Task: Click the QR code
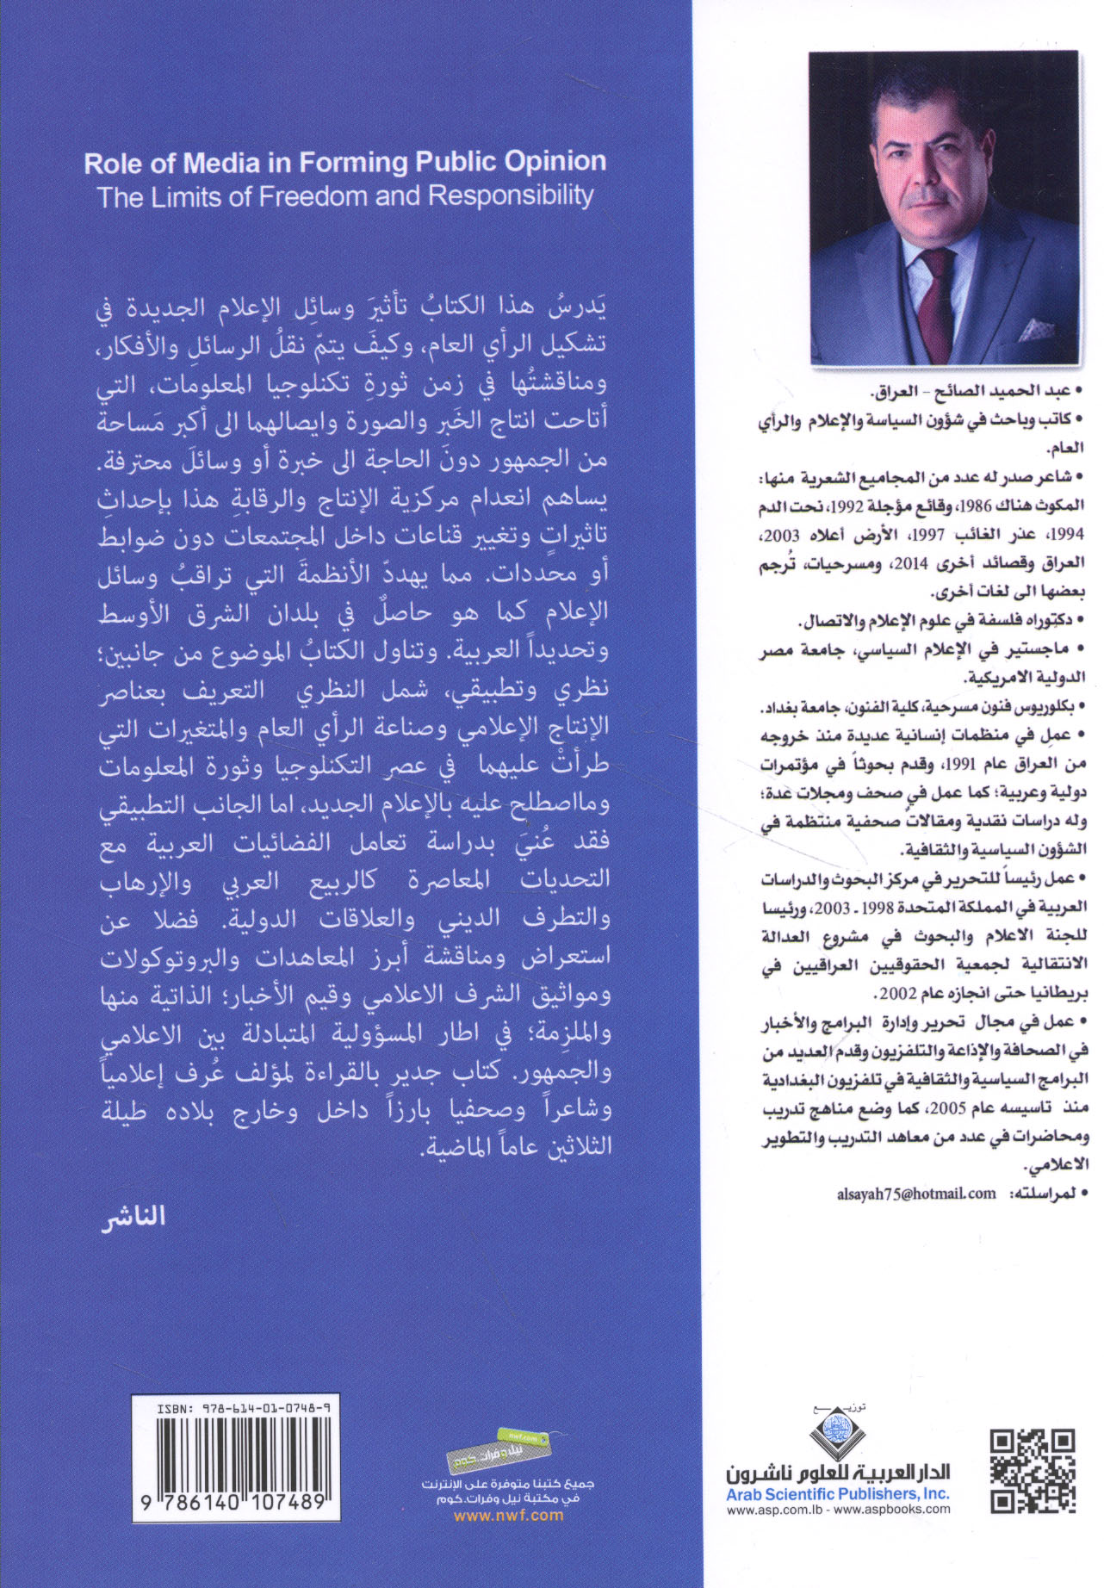pos(1033,1471)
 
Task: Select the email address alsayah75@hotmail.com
pos(916,1194)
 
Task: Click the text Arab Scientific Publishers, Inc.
pos(837,1494)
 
